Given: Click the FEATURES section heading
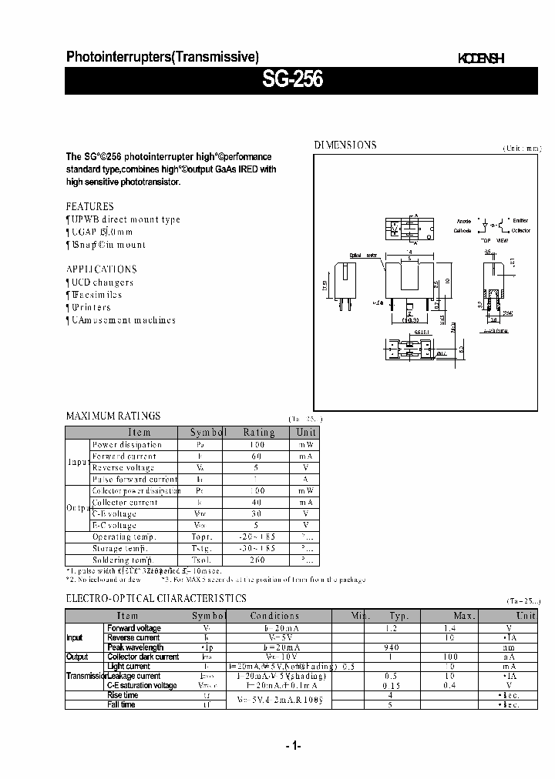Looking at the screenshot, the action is tap(89, 206).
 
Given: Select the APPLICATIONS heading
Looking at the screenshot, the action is tap(101, 269).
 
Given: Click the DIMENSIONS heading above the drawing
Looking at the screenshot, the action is tap(345, 145).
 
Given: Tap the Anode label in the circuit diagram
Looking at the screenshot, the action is tap(463, 221).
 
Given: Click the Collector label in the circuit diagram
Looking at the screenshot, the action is tap(521, 230).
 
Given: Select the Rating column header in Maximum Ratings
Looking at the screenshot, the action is tap(258, 433).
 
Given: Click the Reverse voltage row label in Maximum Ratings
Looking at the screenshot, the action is tap(123, 468).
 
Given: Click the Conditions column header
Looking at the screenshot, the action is tap(274, 616).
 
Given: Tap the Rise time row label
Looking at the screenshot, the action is tap(123, 695).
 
